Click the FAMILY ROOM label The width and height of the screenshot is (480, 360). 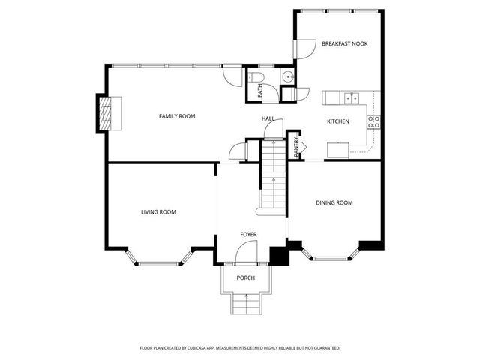(x=177, y=116)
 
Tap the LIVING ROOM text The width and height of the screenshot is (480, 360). (x=158, y=212)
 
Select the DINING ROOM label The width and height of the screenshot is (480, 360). (x=334, y=202)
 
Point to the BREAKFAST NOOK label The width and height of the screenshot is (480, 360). (x=345, y=44)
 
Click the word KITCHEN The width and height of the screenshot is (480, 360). (x=337, y=121)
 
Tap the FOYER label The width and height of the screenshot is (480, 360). (x=248, y=235)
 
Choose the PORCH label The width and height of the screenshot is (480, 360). (x=245, y=278)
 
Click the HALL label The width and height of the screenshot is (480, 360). (x=268, y=118)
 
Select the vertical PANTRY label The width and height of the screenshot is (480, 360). (x=297, y=147)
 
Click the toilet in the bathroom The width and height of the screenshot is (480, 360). (x=255, y=77)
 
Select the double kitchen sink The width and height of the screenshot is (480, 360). (x=351, y=97)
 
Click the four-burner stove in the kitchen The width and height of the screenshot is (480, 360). (x=373, y=121)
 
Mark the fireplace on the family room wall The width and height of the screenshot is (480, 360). (x=105, y=112)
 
